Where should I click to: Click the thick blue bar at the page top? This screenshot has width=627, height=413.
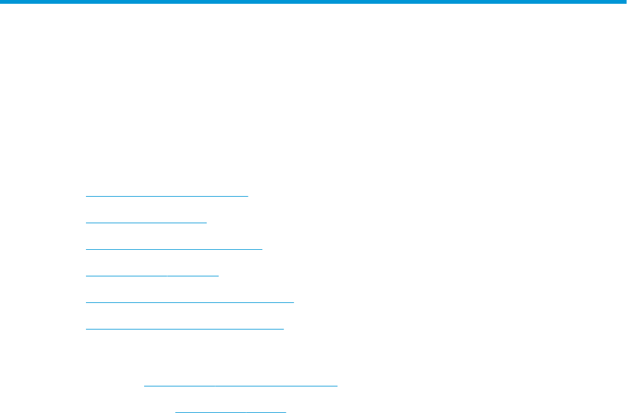[313, 3]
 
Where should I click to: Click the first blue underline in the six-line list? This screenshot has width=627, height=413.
[167, 196]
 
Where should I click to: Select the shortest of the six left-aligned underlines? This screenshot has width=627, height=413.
[146, 223]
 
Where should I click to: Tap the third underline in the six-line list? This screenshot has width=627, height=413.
[173, 249]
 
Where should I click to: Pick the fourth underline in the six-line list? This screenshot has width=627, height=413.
[152, 276]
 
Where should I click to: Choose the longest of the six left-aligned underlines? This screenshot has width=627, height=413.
[190, 302]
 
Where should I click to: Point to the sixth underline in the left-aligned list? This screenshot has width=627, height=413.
[185, 329]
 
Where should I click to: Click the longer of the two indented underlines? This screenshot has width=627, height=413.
[241, 385]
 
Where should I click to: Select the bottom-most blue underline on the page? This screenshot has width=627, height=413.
[230, 411]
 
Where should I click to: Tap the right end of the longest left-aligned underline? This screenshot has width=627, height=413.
[294, 302]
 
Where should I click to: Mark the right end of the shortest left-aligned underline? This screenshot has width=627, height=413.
[207, 223]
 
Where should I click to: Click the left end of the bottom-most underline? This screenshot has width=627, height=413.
[175, 411]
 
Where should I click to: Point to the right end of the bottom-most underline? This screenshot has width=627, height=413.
[286, 411]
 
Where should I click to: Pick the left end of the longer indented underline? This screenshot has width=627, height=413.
[145, 385]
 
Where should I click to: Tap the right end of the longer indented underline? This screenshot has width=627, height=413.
[338, 385]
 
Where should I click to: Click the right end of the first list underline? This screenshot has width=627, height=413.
[248, 196]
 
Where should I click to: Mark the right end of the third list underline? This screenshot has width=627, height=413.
[262, 249]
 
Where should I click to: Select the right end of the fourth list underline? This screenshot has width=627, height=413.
[218, 276]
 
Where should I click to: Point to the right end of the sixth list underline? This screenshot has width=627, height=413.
[284, 329]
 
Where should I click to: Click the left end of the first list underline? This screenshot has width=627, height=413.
[86, 196]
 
